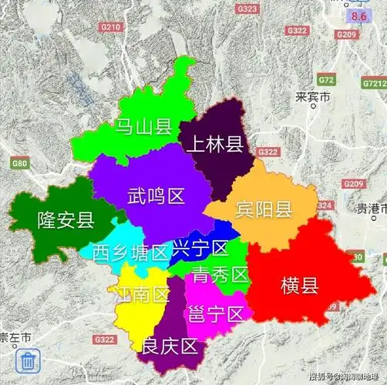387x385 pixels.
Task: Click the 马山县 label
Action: click(143, 127)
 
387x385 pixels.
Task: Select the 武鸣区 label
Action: click(156, 196)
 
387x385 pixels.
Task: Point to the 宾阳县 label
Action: click(263, 209)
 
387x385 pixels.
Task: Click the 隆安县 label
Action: click(66, 221)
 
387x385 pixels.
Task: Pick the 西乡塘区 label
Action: click(130, 252)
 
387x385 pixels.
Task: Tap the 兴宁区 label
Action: click(200, 248)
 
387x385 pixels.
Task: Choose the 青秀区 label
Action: click(220, 274)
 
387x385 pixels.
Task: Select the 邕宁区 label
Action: click(215, 313)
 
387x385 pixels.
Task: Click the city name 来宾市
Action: click(312, 98)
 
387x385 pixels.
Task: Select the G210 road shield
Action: click(111, 27)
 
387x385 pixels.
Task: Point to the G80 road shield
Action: click(19, 163)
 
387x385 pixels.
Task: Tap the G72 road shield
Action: click(327, 80)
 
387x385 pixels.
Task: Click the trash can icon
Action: click(28, 360)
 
